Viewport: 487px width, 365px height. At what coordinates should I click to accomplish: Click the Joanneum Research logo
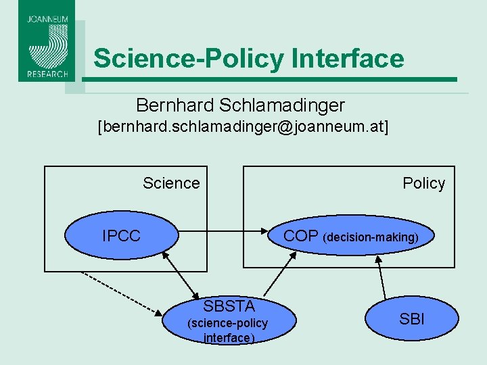point(47,41)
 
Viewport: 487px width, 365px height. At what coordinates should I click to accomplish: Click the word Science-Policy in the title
point(189,58)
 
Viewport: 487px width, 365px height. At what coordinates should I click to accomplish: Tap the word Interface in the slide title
point(348,58)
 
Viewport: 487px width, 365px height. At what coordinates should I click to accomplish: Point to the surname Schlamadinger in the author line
point(281,105)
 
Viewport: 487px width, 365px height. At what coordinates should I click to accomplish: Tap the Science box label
point(171,183)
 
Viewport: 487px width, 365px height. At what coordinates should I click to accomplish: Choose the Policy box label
point(423,183)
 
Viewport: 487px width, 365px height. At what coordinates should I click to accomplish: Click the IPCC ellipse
point(122,236)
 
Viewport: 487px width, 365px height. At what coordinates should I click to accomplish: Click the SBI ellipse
point(412,318)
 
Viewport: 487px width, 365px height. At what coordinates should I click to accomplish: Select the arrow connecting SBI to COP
point(381,278)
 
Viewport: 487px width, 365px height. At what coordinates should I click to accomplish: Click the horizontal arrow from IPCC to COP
point(223,236)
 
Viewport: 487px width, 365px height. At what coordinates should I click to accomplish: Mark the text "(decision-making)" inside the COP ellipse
point(371,238)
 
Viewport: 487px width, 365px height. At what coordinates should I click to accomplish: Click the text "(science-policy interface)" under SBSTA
point(227,331)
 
